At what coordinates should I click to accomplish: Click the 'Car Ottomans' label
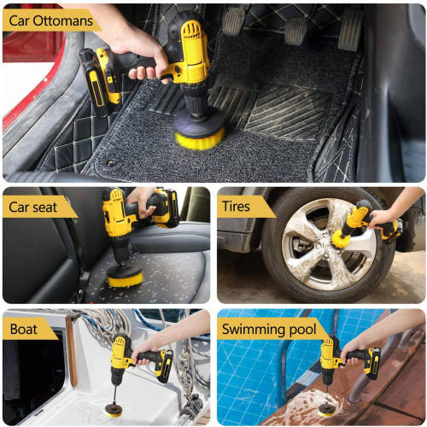point(50,20)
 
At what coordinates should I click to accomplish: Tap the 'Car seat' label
point(38,207)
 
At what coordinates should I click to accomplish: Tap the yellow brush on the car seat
point(124,277)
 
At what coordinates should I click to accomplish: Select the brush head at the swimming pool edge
point(328,408)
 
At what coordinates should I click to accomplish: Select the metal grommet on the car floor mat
point(112,161)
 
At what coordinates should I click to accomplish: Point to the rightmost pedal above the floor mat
point(350,30)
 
